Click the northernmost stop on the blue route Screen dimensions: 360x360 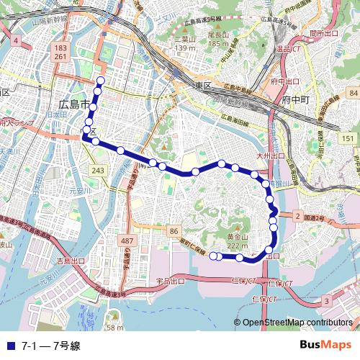click(x=100, y=80)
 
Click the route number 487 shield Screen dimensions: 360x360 click(x=127, y=240)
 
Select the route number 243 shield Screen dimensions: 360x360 click(x=98, y=170)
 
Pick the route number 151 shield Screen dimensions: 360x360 click(x=348, y=138)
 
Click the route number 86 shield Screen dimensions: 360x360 click(x=174, y=230)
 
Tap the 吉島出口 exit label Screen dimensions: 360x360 click(x=71, y=261)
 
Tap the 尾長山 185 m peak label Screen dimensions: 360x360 click(x=217, y=38)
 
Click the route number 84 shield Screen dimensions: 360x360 click(x=351, y=94)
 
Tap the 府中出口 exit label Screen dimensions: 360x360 click(x=284, y=82)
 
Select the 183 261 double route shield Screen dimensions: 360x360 click(x=60, y=52)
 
